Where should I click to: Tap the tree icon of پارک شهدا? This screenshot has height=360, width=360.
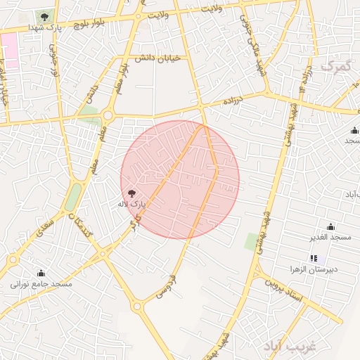[x=45, y=15]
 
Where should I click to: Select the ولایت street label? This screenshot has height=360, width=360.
[x=210, y=8]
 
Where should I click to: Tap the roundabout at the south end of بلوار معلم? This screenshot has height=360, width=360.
[x=108, y=115]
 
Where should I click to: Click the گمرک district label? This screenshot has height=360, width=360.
[x=335, y=67]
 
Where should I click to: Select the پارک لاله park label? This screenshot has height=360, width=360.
[x=131, y=204]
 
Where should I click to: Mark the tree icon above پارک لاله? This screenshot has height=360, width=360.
[x=131, y=193]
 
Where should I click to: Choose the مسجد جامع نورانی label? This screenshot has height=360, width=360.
[x=41, y=284]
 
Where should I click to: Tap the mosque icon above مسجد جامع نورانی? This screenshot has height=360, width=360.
[x=41, y=273]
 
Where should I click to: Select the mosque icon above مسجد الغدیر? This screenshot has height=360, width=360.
[x=330, y=226]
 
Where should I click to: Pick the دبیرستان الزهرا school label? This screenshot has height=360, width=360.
[x=314, y=269]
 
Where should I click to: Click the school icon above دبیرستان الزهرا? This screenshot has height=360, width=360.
[x=314, y=258]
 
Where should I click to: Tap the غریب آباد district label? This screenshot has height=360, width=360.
[x=290, y=346]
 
